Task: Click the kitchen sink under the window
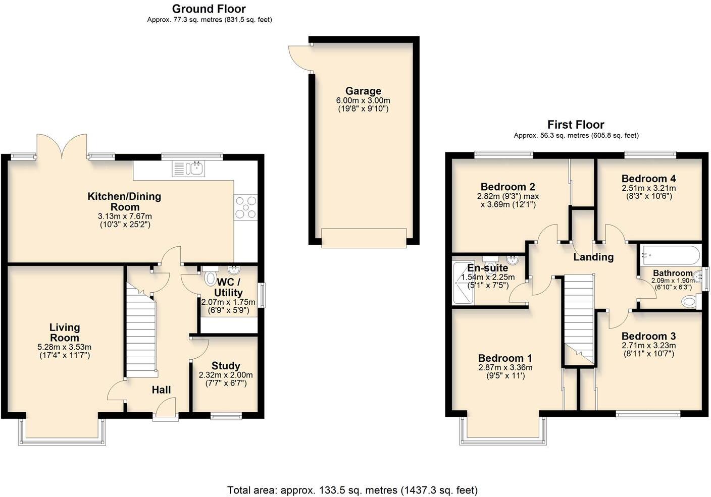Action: point(188,169)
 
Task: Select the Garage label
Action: point(363,91)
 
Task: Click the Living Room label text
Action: point(65,333)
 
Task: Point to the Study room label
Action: point(226,366)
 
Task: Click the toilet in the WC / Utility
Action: point(211,280)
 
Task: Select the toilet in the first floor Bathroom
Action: point(689,302)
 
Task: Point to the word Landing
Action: point(593,257)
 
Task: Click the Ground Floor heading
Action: point(209,9)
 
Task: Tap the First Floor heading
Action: point(576,125)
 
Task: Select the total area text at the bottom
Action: point(352,489)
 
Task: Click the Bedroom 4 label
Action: point(648,179)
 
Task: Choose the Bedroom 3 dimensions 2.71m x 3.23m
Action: point(648,346)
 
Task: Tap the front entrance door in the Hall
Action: point(166,408)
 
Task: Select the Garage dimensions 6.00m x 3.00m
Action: point(363,100)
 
